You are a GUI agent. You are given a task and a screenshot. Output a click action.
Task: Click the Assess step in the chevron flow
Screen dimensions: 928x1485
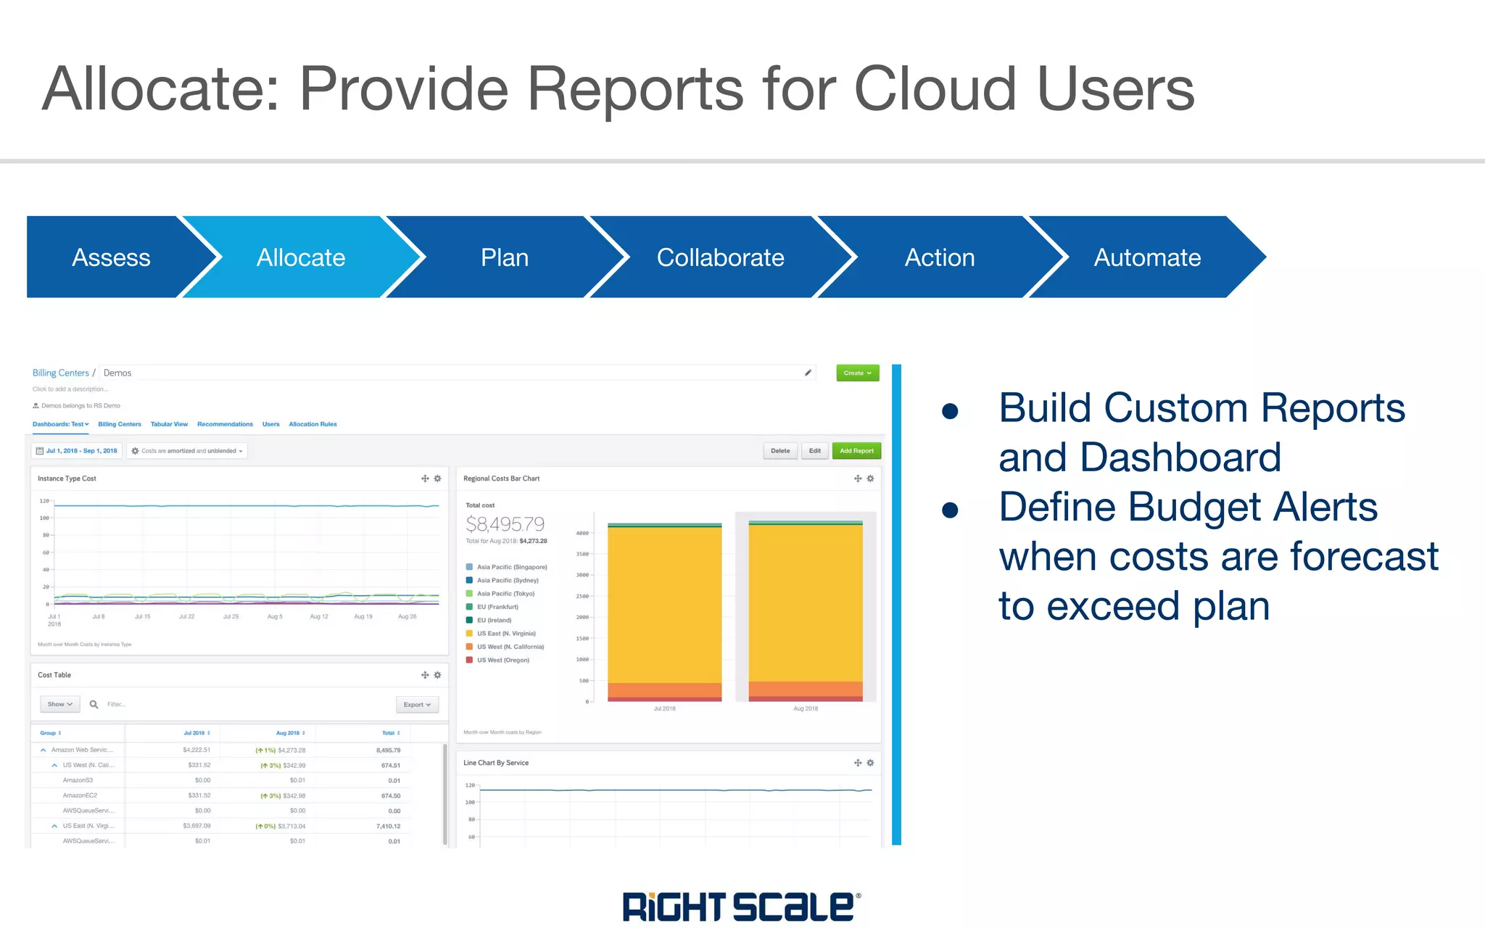click(x=111, y=257)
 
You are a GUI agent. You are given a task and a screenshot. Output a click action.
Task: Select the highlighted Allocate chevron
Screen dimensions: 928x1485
click(x=300, y=257)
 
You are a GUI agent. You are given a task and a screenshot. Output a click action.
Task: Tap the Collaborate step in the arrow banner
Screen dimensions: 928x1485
click(x=720, y=257)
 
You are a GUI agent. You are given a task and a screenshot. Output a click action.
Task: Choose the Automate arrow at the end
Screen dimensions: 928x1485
click(x=1146, y=257)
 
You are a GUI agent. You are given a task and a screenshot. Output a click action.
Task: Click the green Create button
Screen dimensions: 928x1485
click(x=857, y=373)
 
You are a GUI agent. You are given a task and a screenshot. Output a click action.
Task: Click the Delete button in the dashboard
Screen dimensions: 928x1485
click(x=780, y=451)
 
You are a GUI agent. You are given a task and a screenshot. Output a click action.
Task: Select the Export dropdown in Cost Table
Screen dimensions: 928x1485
click(x=417, y=705)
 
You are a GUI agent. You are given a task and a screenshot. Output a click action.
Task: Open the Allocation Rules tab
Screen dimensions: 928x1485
click(x=313, y=424)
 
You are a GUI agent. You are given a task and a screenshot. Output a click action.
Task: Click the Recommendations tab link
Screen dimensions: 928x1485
click(x=225, y=424)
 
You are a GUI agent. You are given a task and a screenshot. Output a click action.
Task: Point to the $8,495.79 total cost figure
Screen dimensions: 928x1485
click(x=505, y=523)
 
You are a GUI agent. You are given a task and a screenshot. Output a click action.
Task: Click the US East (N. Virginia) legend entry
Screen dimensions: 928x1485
click(x=506, y=634)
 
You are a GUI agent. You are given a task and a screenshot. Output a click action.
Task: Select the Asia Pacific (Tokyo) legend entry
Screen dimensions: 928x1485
click(x=505, y=594)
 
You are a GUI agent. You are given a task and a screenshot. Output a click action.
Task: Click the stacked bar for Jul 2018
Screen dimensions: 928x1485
click(x=664, y=609)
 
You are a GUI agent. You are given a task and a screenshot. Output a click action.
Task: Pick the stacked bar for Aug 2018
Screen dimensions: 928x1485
click(x=806, y=609)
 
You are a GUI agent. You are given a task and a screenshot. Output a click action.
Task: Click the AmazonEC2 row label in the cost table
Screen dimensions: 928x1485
click(x=80, y=795)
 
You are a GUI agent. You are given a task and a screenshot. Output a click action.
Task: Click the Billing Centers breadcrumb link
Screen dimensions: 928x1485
click(x=60, y=373)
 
